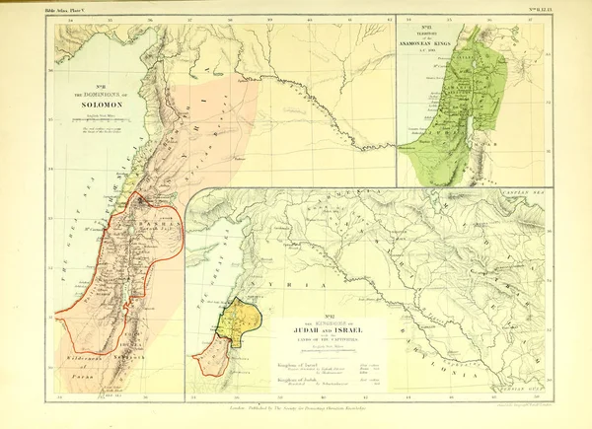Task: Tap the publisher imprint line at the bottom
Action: click(296, 404)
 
